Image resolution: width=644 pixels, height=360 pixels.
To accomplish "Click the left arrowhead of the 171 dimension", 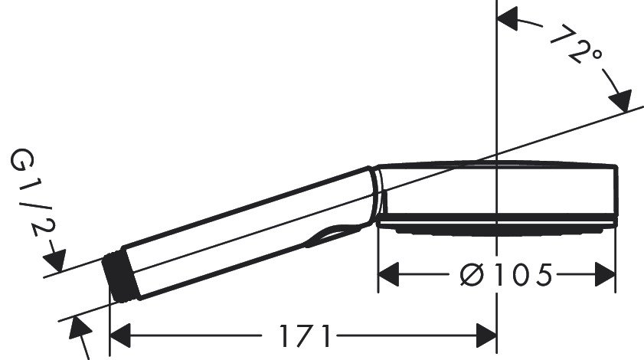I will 123,335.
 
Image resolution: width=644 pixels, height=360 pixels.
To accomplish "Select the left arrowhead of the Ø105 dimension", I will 391,273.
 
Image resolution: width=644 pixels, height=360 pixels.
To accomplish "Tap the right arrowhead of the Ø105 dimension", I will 604,273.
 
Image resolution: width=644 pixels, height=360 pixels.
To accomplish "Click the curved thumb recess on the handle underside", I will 329,234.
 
